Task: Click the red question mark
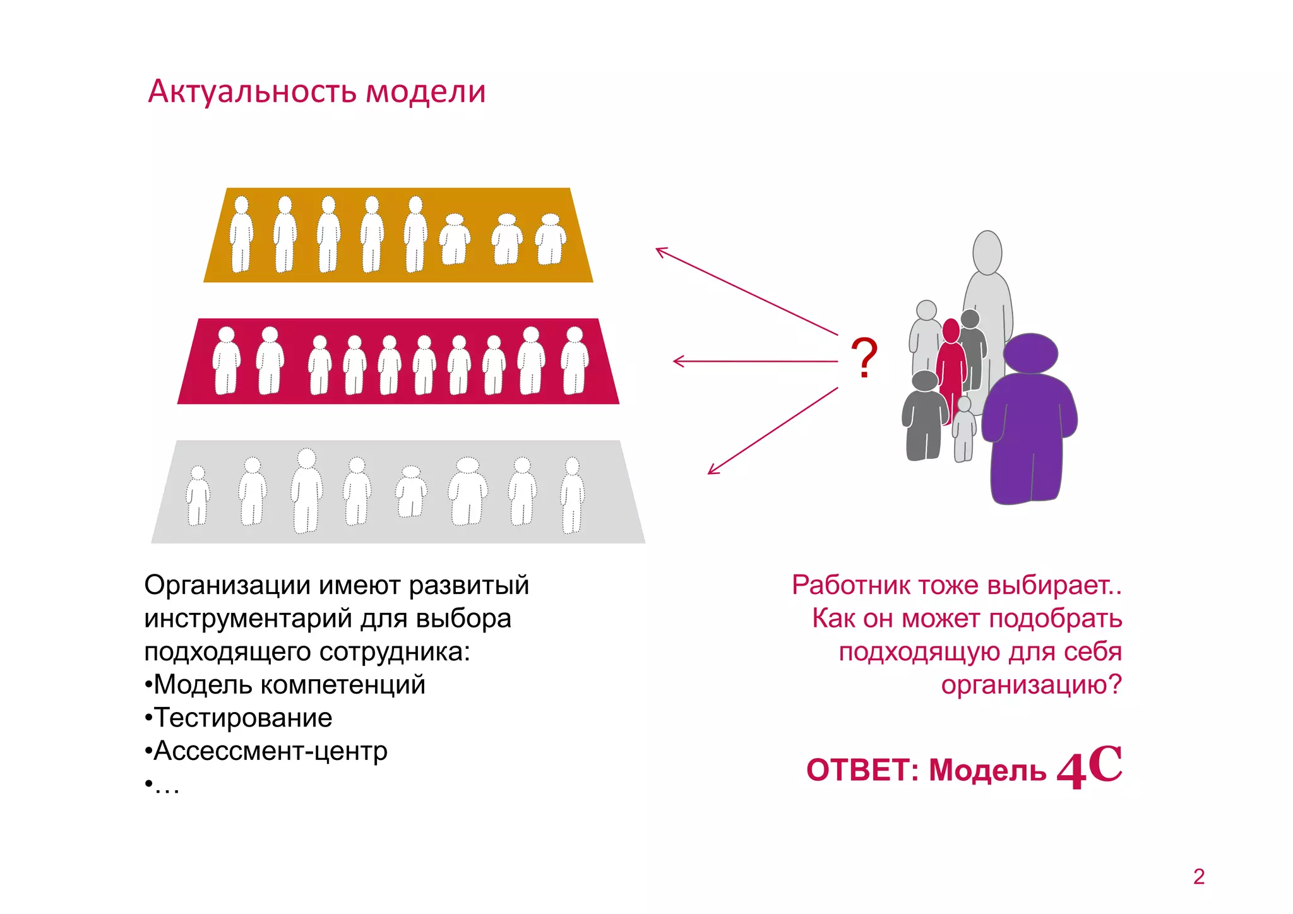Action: tap(864, 358)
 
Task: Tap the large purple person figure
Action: tap(1029, 423)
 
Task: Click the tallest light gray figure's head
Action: tap(987, 252)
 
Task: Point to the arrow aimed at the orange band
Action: tap(745, 290)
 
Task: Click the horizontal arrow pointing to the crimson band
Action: tap(754, 362)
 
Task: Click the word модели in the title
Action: tap(426, 92)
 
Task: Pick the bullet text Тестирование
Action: tap(243, 718)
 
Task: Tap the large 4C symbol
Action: tap(1090, 767)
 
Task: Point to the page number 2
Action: tap(1199, 877)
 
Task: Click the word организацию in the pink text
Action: tap(1023, 685)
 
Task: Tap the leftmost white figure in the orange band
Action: tap(241, 235)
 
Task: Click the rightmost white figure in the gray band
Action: tap(572, 495)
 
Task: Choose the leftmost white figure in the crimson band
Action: tap(226, 361)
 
